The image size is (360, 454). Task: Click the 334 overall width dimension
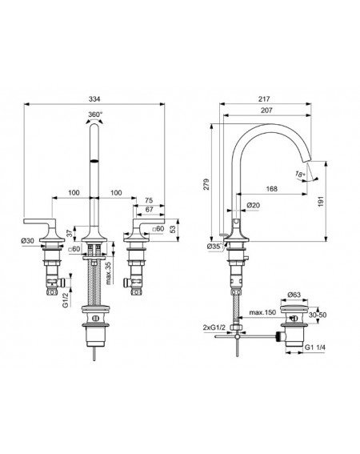coord(94,99)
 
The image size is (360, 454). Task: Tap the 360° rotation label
coord(95,114)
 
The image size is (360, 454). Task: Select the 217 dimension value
coord(264,99)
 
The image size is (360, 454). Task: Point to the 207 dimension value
coord(266,110)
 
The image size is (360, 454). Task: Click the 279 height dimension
coord(206,184)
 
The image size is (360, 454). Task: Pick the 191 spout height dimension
coord(321,201)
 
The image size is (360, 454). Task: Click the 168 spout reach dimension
coord(271,189)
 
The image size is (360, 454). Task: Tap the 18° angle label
coord(300,174)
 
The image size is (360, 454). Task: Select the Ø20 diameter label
coord(254,205)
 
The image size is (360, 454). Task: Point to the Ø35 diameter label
coord(214,247)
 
